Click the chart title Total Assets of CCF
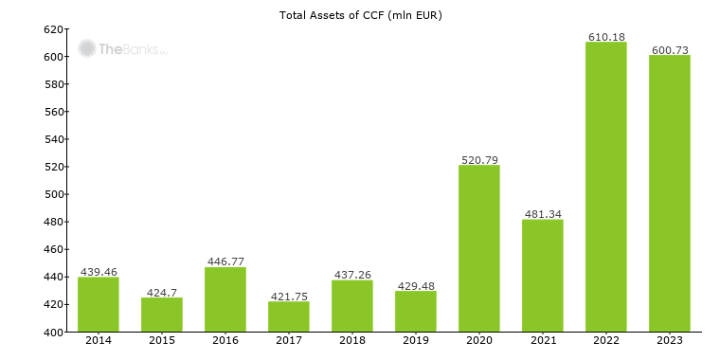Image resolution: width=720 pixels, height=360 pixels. click(x=360, y=15)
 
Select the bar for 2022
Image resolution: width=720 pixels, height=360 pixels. click(x=605, y=187)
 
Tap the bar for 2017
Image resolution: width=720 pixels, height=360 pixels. click(x=288, y=316)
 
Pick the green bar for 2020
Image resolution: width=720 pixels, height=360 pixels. click(x=478, y=248)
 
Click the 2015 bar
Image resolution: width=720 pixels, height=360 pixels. click(x=161, y=315)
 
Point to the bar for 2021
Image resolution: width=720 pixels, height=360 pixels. click(x=542, y=276)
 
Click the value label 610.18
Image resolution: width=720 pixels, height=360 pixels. click(x=605, y=37)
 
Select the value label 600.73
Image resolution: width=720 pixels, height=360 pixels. click(x=669, y=50)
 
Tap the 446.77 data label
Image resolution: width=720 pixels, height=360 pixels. click(x=225, y=261)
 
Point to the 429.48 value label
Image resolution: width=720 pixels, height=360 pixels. click(x=415, y=285)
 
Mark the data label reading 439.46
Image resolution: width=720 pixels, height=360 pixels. click(x=99, y=272)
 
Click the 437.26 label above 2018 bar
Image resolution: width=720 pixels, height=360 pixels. click(x=351, y=275)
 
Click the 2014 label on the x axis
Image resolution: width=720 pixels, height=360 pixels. click(x=99, y=340)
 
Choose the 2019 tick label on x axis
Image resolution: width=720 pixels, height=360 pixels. click(x=415, y=340)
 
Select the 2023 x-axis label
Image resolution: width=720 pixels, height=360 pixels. click(x=669, y=340)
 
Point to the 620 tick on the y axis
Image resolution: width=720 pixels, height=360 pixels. click(x=53, y=29)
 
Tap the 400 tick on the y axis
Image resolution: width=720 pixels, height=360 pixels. click(x=53, y=333)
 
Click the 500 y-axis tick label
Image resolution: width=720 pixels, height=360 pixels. click(x=53, y=195)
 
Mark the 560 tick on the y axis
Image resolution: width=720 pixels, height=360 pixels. click(x=53, y=112)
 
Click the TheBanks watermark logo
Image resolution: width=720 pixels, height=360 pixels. click(x=121, y=48)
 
